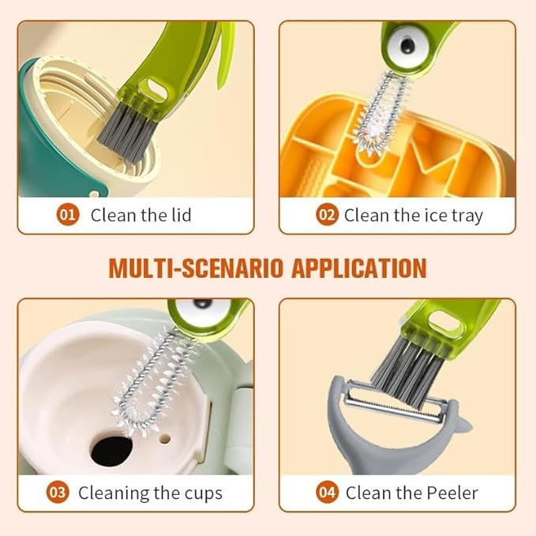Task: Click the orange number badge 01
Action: (69, 215)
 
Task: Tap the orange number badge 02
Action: (327, 215)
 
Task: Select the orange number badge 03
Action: (58, 493)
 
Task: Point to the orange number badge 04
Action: (327, 493)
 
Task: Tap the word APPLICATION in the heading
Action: (359, 268)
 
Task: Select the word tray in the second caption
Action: (464, 215)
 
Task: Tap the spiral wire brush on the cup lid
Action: (150, 371)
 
